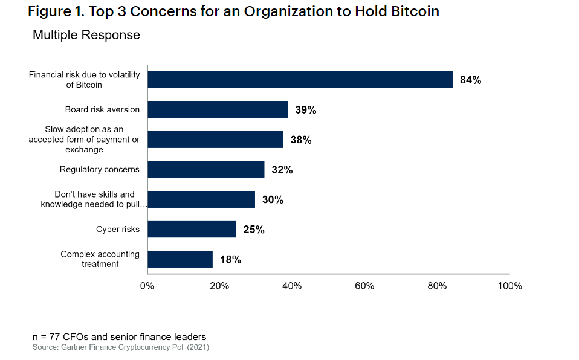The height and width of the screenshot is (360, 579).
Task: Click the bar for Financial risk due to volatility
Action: coord(300,80)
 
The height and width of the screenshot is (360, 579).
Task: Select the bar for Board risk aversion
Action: coord(218,109)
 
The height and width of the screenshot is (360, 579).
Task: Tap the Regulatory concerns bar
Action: coord(205,169)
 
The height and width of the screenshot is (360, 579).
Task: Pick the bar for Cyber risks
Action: coord(192,229)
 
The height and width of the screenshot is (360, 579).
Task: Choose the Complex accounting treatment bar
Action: coord(180,259)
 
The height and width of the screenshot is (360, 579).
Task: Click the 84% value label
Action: coord(470,80)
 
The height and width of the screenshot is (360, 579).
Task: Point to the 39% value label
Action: coord(305,110)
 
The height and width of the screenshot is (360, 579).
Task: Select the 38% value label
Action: coord(300,140)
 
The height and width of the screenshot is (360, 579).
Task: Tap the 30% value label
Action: coord(272,199)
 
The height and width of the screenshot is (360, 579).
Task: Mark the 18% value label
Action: coord(230,260)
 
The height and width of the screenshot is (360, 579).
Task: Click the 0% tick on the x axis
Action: coord(147,286)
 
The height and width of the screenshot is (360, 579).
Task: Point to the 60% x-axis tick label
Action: coord(364,286)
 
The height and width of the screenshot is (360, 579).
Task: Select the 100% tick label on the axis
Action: coord(509,286)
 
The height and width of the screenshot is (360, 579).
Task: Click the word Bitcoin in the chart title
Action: coord(414,12)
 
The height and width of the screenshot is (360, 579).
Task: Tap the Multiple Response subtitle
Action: coord(86,35)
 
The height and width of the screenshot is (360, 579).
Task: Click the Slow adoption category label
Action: coord(84,140)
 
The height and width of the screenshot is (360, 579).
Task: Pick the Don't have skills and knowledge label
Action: coord(94,199)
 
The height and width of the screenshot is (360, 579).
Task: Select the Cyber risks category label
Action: coord(117,229)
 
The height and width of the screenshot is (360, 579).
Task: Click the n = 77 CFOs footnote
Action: coord(119,336)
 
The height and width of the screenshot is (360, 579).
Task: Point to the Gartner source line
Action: coord(121,347)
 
